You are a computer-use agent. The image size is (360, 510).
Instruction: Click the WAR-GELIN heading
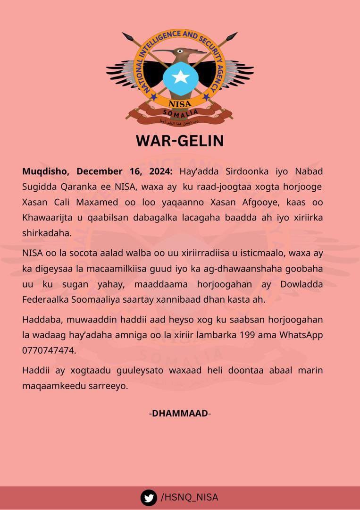180,141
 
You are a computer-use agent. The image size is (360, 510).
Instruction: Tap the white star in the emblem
180,77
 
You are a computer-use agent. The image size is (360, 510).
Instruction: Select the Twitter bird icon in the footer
149,497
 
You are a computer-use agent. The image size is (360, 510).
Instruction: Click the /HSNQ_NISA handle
190,497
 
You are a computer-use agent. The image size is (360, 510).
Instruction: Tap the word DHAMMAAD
180,413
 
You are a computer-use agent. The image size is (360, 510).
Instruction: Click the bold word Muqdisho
46,171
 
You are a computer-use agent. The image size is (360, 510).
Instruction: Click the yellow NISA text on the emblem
180,102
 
